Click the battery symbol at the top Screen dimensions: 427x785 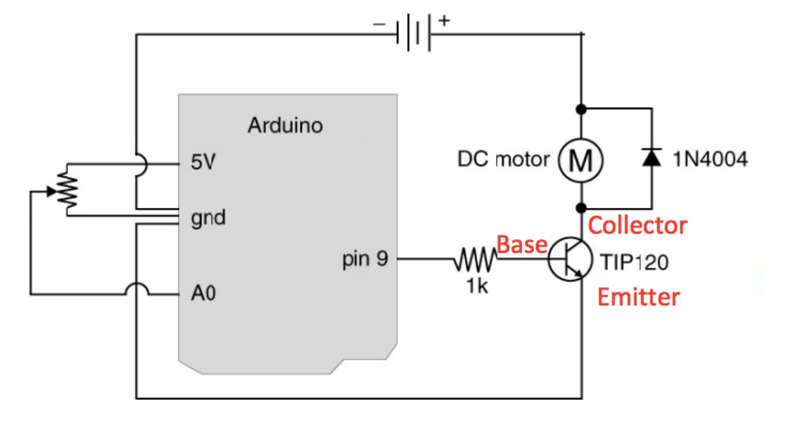(x=413, y=33)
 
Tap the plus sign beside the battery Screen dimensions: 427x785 (x=445, y=20)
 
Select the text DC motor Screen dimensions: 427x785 (x=503, y=159)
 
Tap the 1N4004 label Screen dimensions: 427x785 (x=710, y=159)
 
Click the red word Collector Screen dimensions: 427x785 (x=637, y=225)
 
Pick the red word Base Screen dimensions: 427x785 (x=521, y=244)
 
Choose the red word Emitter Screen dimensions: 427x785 (x=638, y=297)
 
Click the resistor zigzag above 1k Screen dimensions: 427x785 (x=476, y=259)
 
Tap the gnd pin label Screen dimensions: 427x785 (x=207, y=219)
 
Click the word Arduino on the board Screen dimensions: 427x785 (x=285, y=125)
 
